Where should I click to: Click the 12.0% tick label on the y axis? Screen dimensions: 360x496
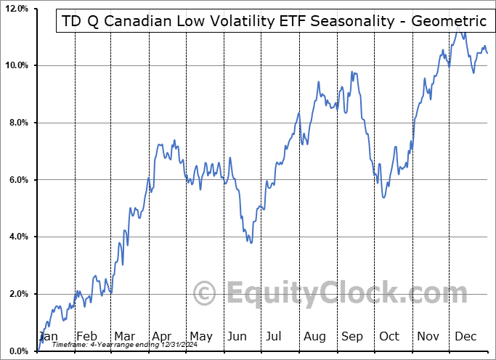pos(15,9)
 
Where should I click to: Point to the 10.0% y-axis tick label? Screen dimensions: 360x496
pos(15,65)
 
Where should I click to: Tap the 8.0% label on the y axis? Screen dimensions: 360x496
pos(17,123)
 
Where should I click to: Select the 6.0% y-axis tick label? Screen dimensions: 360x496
pos(17,180)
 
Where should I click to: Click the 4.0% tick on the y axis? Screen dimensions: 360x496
pos(17,237)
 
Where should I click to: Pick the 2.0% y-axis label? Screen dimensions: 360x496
pos(17,294)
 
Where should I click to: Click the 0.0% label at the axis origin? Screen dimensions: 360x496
pos(17,351)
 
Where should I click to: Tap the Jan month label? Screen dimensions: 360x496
pos(48,336)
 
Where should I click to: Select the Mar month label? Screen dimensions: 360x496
pos(124,336)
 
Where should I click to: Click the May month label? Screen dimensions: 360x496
pos(200,336)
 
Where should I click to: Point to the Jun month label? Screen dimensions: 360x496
pos(237,336)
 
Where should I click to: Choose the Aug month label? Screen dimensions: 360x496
pos(314,336)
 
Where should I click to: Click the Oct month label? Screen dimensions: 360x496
pos(389,336)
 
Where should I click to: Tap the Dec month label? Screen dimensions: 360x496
pos(465,336)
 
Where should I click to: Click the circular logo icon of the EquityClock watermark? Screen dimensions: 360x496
pos(206,294)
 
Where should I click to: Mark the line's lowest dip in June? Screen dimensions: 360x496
pos(251,242)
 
